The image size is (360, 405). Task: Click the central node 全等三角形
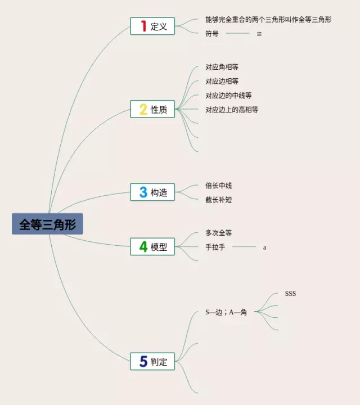click(x=47, y=224)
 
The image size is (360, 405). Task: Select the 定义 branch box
click(x=152, y=26)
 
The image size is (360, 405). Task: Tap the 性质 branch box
click(x=152, y=109)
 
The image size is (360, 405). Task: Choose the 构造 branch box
click(x=152, y=192)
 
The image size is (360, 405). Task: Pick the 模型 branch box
click(x=152, y=246)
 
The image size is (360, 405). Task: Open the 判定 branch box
click(x=152, y=361)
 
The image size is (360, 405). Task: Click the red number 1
click(x=143, y=26)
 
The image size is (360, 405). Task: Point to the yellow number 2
click(x=143, y=109)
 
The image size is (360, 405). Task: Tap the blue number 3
click(x=143, y=192)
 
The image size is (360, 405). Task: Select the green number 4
click(x=143, y=246)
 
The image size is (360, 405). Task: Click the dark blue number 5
click(x=143, y=361)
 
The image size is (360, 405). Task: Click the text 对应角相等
click(x=222, y=67)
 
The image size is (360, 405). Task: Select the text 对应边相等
click(x=222, y=81)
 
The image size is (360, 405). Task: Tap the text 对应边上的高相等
click(x=232, y=110)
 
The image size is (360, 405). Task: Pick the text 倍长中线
click(x=218, y=185)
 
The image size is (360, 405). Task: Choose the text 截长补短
click(x=218, y=199)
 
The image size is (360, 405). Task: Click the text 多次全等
click(x=218, y=233)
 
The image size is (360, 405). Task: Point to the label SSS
click(x=290, y=294)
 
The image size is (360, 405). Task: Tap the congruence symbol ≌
click(x=259, y=34)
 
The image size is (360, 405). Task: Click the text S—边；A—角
click(x=226, y=312)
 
